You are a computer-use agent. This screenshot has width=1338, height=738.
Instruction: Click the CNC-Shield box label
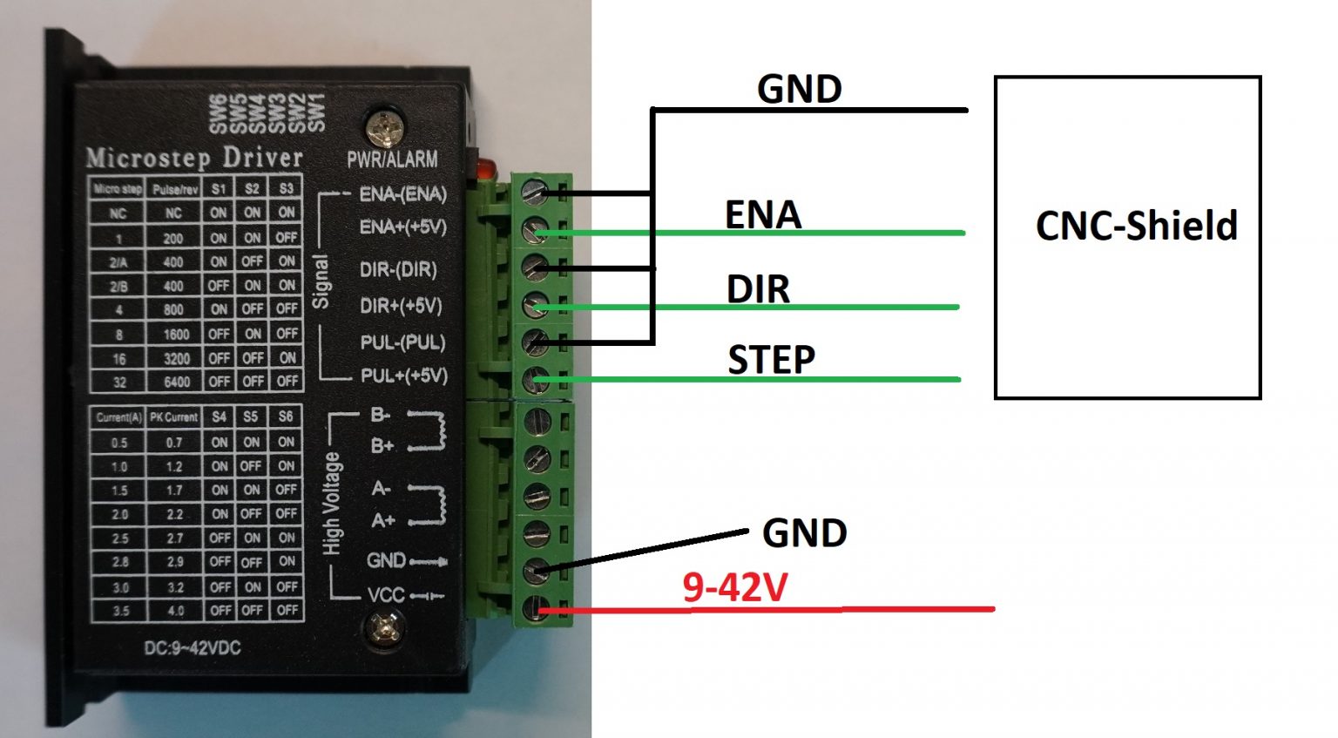click(x=1136, y=226)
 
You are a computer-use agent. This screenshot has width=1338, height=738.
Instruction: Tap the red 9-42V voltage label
click(x=735, y=588)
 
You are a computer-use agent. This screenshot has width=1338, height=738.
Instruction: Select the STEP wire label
click(x=771, y=359)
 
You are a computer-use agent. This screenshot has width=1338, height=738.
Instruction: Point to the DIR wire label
click(x=758, y=289)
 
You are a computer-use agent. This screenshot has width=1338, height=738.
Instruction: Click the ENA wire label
click(x=762, y=215)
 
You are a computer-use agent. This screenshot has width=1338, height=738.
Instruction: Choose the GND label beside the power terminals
click(x=804, y=533)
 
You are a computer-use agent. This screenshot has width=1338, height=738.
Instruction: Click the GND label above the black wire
click(x=799, y=89)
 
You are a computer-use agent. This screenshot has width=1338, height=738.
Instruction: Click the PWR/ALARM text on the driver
click(x=392, y=159)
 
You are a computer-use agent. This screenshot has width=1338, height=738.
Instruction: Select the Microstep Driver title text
click(x=194, y=158)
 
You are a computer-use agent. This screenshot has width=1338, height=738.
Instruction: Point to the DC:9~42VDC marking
click(x=192, y=648)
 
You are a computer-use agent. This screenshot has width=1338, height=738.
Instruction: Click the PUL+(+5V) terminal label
click(x=403, y=376)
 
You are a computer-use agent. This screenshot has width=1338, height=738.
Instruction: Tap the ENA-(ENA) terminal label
click(x=402, y=193)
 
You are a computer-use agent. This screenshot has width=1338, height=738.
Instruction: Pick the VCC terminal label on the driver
click(x=386, y=595)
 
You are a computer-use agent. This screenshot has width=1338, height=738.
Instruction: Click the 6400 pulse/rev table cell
click(x=176, y=382)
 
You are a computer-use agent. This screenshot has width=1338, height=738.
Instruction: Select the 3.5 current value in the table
click(x=120, y=611)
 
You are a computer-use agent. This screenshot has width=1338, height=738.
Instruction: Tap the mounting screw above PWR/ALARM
click(x=384, y=128)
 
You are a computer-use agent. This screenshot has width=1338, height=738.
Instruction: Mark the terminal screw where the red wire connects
click(x=535, y=607)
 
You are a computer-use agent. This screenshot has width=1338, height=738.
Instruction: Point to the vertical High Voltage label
click(x=332, y=504)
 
